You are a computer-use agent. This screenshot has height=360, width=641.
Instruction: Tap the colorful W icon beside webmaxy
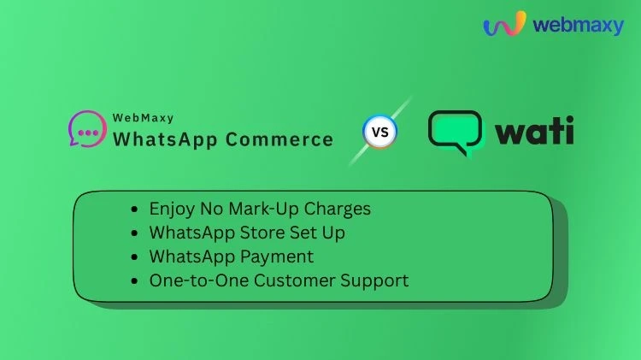pyautogui.click(x=504, y=24)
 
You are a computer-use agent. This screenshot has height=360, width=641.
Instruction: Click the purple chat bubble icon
pyautogui.click(x=86, y=128)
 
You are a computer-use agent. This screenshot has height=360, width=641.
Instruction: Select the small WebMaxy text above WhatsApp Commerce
pyautogui.click(x=143, y=118)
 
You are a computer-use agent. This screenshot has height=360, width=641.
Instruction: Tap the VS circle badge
pyautogui.click(x=380, y=133)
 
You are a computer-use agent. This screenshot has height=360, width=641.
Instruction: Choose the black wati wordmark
pyautogui.click(x=534, y=133)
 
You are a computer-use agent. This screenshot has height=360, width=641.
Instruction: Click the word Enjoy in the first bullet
pyautogui.click(x=171, y=209)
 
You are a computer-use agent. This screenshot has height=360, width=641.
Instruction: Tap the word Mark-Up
pyautogui.click(x=265, y=209)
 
